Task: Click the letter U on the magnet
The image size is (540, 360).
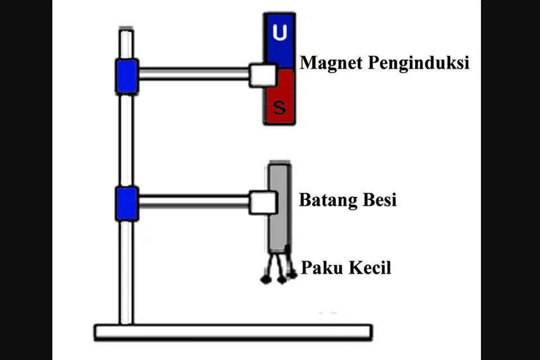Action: (x=280, y=33)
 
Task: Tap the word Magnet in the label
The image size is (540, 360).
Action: (x=331, y=63)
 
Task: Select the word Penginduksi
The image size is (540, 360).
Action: (x=418, y=63)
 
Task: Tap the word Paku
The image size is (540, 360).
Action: (x=319, y=267)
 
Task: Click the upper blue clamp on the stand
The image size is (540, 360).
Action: (x=127, y=76)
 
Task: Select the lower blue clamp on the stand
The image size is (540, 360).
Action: (x=127, y=204)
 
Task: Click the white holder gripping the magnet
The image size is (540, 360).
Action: (x=263, y=75)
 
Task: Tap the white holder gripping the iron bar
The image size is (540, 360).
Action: (x=263, y=202)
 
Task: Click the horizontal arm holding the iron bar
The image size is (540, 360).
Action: (x=194, y=201)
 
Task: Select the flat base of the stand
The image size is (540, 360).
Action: (x=233, y=332)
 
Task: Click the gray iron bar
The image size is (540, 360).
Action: (x=280, y=206)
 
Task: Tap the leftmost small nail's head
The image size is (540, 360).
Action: (x=265, y=279)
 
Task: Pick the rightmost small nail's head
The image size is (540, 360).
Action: (x=292, y=274)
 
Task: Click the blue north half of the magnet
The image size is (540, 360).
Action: (x=280, y=40)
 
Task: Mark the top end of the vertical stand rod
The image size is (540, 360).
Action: (x=126, y=29)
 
